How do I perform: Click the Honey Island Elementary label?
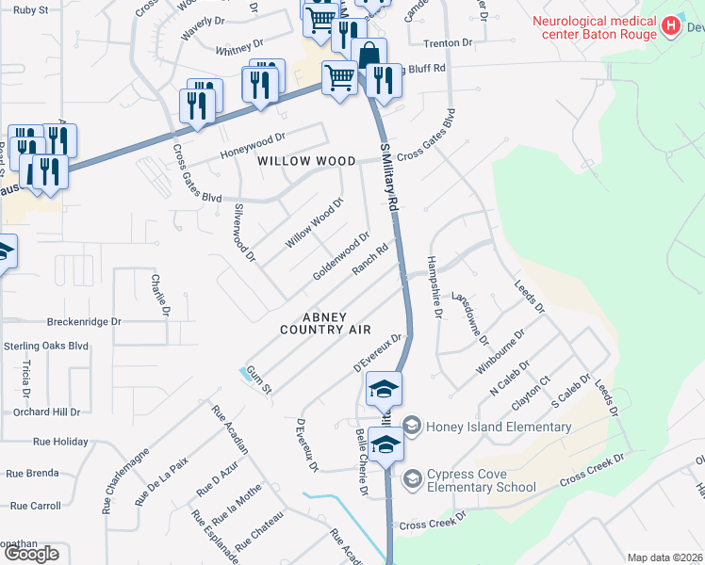click(x=498, y=427)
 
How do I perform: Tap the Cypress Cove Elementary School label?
click(x=481, y=478)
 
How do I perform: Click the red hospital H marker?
click(x=671, y=25)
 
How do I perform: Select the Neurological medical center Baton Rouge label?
click(x=595, y=20)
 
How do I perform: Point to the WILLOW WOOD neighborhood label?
click(x=307, y=161)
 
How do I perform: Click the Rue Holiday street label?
click(x=59, y=441)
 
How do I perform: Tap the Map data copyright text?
click(x=665, y=557)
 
